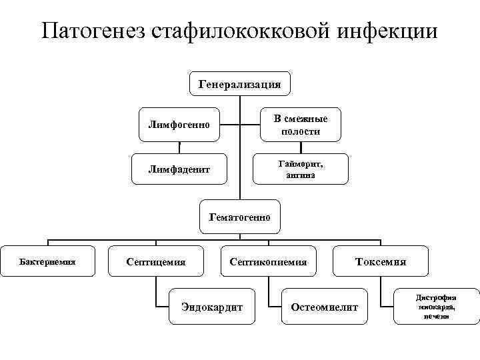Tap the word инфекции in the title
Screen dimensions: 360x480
(393, 31)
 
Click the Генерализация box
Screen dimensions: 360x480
(239, 85)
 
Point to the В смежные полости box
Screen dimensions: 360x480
(301, 125)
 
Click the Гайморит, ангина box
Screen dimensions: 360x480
(301, 169)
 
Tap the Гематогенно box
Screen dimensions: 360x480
(239, 217)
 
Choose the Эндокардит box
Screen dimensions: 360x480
(212, 307)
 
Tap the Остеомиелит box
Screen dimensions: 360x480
(325, 307)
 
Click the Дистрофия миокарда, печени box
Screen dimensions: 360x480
(436, 307)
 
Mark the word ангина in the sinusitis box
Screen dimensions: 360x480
(301, 175)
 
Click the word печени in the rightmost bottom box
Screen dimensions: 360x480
(436, 317)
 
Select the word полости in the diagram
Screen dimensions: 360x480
(301, 131)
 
